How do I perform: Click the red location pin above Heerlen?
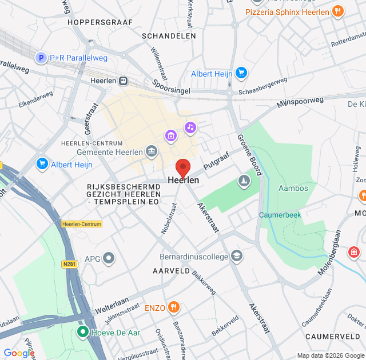tap(182, 167)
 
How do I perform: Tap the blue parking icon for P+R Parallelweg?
tap(41, 57)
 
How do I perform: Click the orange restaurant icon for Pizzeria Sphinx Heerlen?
tap(338, 11)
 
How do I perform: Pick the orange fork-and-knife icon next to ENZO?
tap(174, 308)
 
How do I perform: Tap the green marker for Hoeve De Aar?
tap(82, 331)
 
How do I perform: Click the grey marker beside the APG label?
tap(109, 259)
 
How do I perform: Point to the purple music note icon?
tap(190, 127)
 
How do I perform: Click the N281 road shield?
tap(70, 247)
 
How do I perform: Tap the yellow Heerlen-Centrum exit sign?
tap(82, 224)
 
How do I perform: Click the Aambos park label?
tap(293, 188)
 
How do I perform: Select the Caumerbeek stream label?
tap(280, 215)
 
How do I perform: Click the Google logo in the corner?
tap(18, 353)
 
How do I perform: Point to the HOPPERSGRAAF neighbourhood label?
tap(96, 22)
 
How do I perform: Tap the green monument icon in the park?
tap(244, 181)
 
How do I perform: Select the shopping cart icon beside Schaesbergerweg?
tap(241, 73)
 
